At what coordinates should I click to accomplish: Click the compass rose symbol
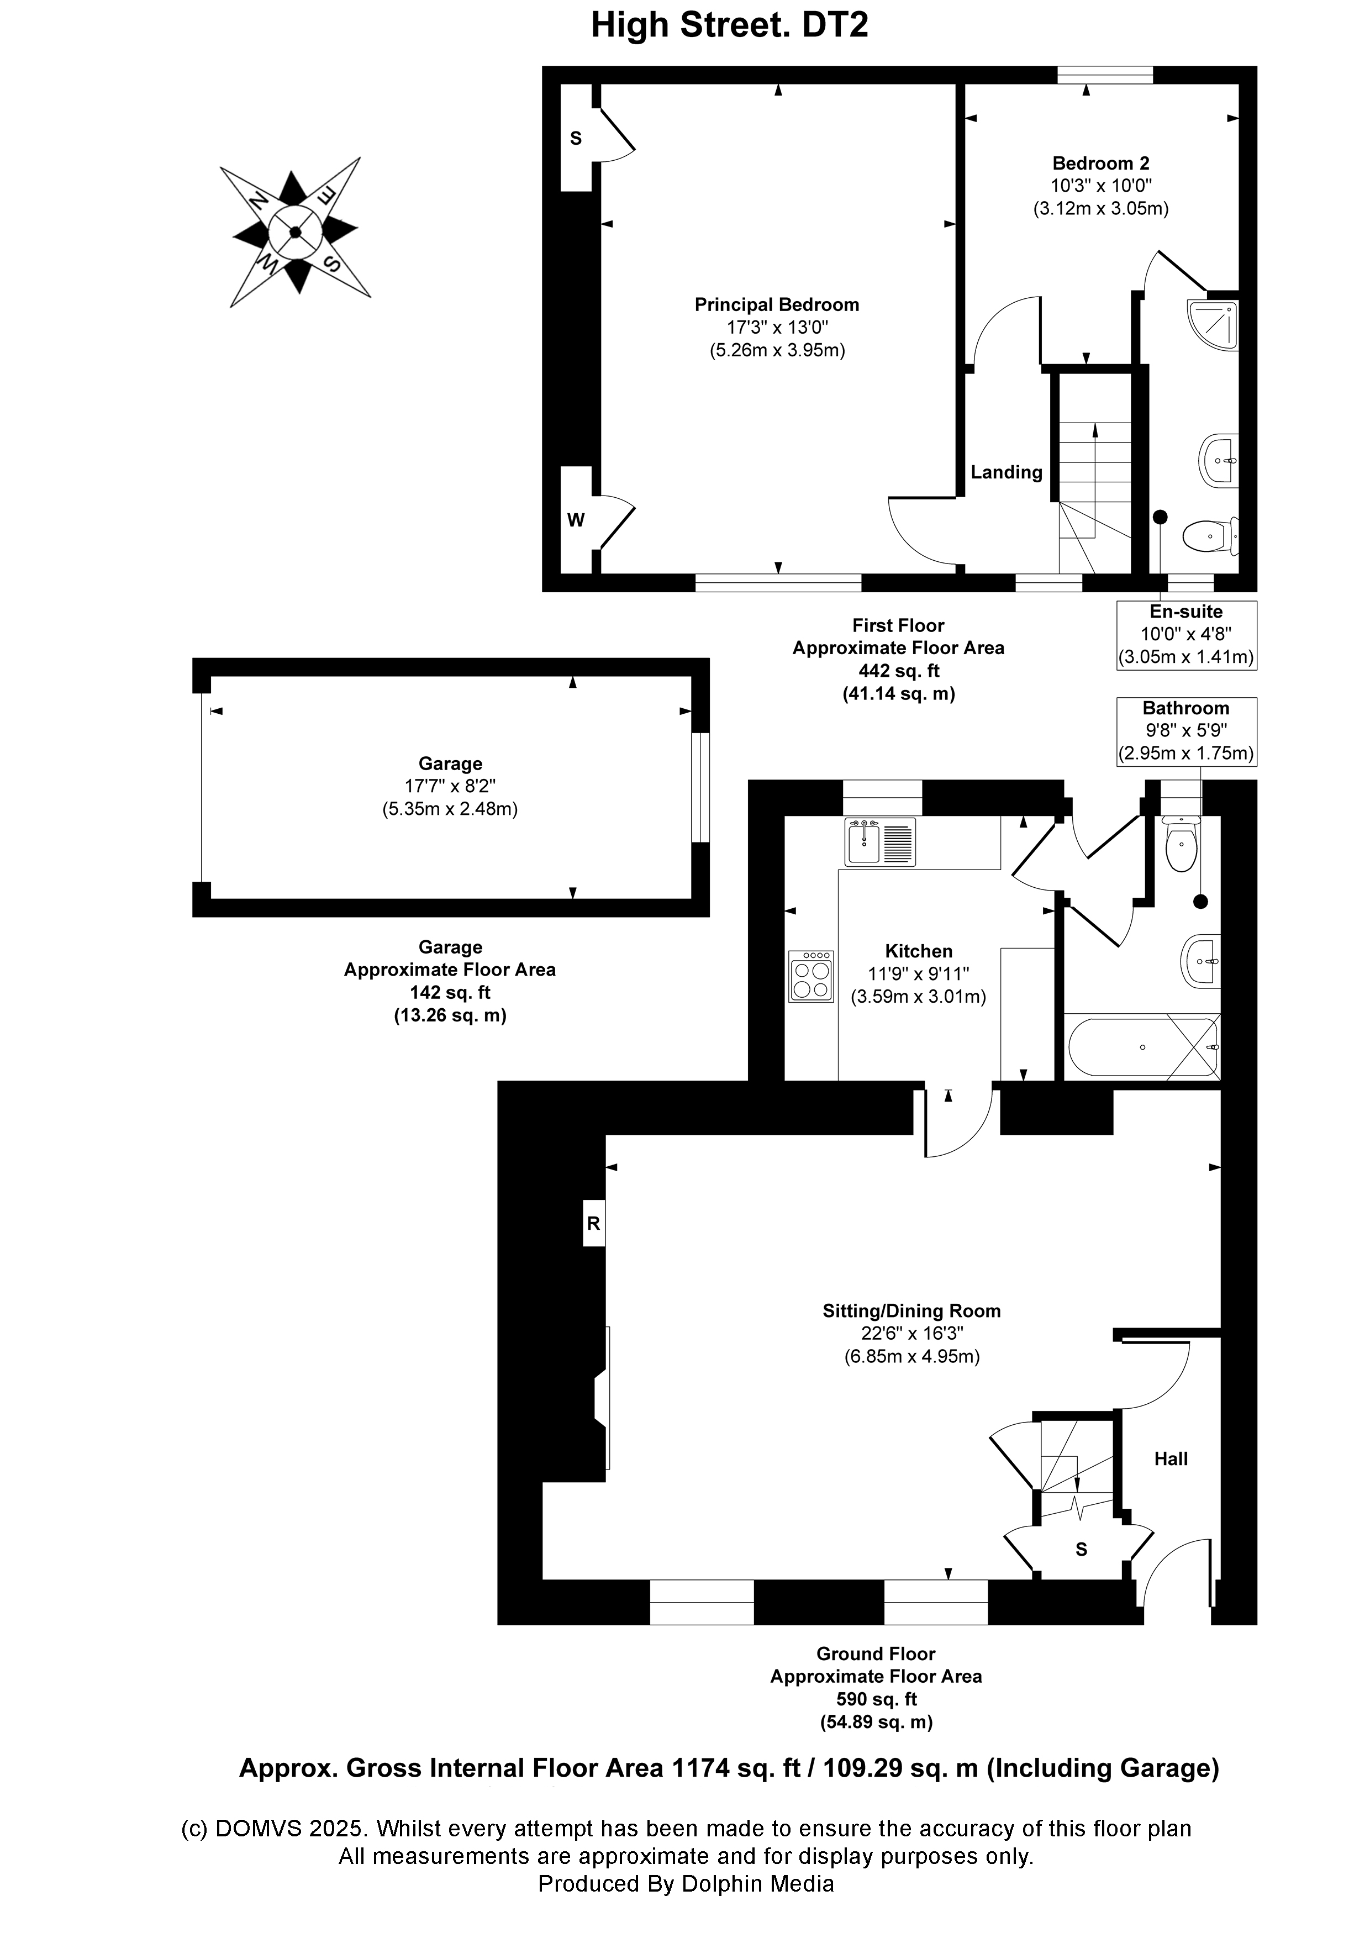(x=296, y=232)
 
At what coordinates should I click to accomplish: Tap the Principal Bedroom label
(x=777, y=305)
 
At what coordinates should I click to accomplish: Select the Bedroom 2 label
(x=1101, y=163)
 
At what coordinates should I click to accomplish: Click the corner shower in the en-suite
(x=1213, y=325)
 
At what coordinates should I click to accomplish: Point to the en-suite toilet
(x=1210, y=534)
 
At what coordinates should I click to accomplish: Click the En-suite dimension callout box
(x=1186, y=635)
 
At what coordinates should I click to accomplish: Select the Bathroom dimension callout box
(x=1186, y=731)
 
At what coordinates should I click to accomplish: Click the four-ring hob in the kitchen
(x=811, y=977)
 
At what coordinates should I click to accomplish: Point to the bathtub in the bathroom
(x=1142, y=1047)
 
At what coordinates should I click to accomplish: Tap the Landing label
(x=1006, y=473)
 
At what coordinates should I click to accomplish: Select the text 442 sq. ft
(x=898, y=671)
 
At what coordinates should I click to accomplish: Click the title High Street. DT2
(x=729, y=25)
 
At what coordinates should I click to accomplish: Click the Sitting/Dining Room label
(x=911, y=1311)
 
